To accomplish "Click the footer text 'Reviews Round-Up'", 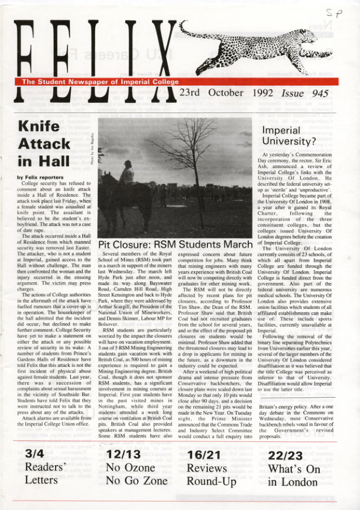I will pos(211,473).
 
